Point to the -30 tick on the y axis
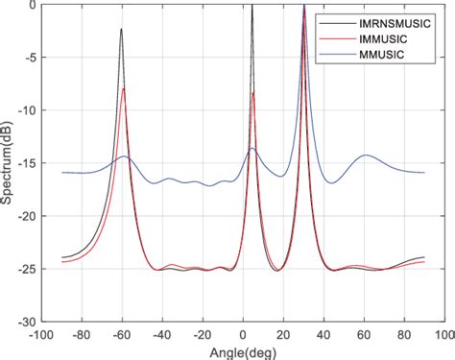[x=28, y=322]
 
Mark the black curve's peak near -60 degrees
[x=122, y=29]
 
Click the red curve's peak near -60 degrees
[x=124, y=88]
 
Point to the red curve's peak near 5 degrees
[x=253, y=92]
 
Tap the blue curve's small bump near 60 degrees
[x=365, y=155]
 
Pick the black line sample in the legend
[x=337, y=17]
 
